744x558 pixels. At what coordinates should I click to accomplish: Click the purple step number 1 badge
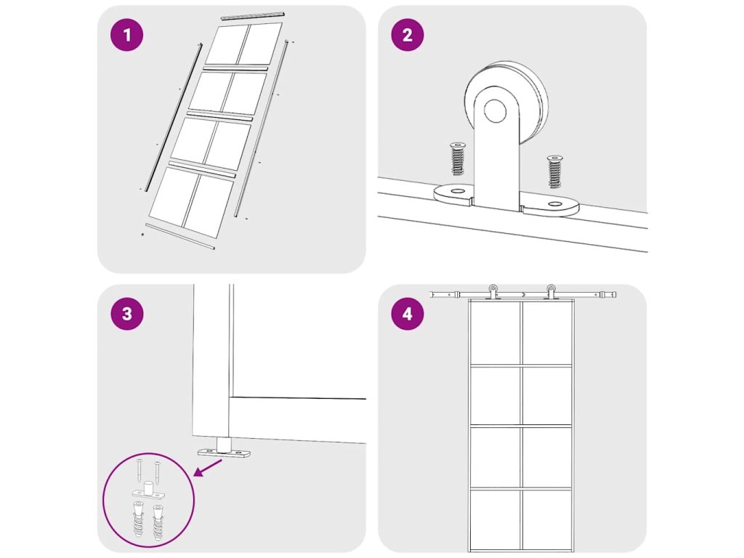coord(126,35)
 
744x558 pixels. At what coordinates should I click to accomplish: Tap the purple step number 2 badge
coord(407,35)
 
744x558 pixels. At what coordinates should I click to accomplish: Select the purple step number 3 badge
coord(126,314)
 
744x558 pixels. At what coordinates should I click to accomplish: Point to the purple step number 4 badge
coord(407,314)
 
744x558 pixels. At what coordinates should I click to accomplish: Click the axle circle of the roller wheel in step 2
coord(495,110)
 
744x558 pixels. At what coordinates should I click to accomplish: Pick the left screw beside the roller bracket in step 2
coord(458,158)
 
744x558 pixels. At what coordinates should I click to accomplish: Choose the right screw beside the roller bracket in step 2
coord(554,171)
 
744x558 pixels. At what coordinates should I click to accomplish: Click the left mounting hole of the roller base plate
coord(458,191)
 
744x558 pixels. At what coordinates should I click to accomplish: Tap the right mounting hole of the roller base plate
coord(554,204)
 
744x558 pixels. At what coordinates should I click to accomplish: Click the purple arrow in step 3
coord(209,467)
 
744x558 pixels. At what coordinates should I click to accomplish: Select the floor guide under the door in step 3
coord(224,448)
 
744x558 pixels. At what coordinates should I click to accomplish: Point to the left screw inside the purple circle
coord(139,470)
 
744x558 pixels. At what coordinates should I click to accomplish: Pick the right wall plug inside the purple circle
coord(157,521)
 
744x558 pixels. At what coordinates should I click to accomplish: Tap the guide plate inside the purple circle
coord(148,492)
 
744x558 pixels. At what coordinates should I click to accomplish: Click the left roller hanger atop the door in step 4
coord(493,292)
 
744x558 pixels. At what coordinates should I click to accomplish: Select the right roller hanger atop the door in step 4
coord(551,292)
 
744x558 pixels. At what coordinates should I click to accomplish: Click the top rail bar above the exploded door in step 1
coord(252,16)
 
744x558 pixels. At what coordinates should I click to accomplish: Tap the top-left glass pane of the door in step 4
coord(494,333)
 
